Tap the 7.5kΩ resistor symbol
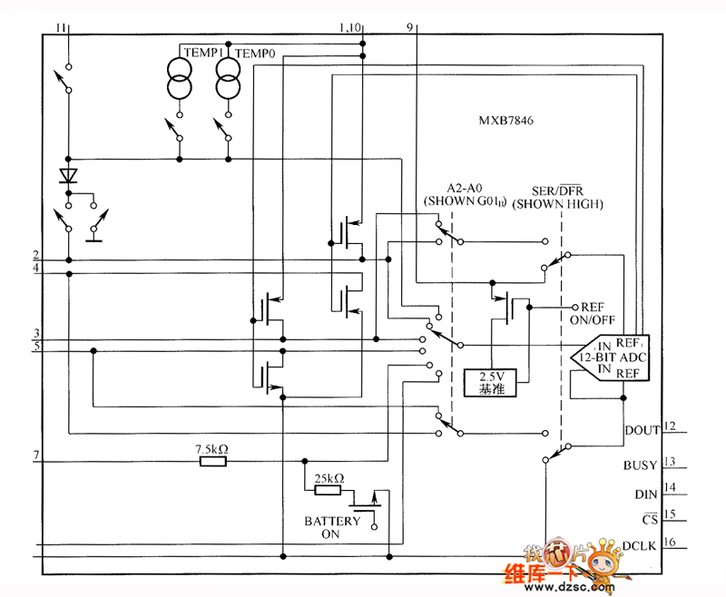(x=212, y=462)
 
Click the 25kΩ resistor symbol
(x=328, y=490)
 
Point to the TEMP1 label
(x=201, y=54)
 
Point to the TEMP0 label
(x=255, y=54)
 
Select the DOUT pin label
(x=643, y=429)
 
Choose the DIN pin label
(x=645, y=494)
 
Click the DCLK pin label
(x=641, y=545)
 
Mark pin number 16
(x=671, y=543)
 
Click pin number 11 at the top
(x=61, y=29)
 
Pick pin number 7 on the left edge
(x=35, y=454)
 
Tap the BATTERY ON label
(x=332, y=528)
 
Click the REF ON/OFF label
(x=598, y=314)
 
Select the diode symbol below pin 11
(x=69, y=174)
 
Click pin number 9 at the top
(x=411, y=28)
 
